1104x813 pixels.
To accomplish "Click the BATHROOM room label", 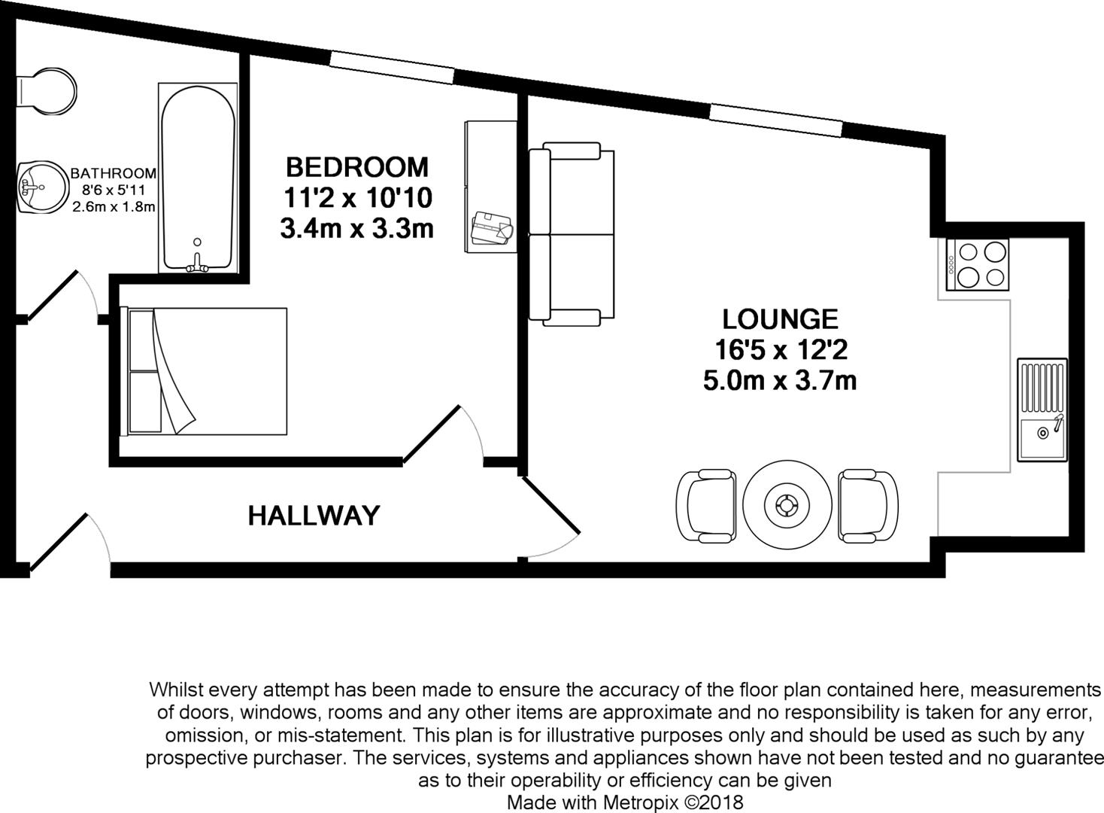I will click(114, 174).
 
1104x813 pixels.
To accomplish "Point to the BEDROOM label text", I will click(356, 166).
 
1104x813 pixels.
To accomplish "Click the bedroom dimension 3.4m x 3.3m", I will click(356, 228).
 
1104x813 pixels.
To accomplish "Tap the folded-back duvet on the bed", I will click(173, 373).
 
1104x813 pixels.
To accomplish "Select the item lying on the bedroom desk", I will click(493, 227).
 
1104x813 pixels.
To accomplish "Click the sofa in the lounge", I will click(572, 234).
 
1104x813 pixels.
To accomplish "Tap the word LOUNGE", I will click(780, 319).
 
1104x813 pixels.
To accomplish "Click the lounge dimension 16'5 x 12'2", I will click(780, 350).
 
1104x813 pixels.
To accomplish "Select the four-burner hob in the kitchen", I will click(977, 264).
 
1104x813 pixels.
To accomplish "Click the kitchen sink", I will click(1042, 410).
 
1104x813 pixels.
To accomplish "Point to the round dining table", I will click(787, 504).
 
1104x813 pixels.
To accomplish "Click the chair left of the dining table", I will click(706, 505).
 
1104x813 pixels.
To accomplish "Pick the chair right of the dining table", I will click(868, 505).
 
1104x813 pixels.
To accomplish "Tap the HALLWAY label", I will click(314, 516).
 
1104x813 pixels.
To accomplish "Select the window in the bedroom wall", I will click(392, 67).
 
